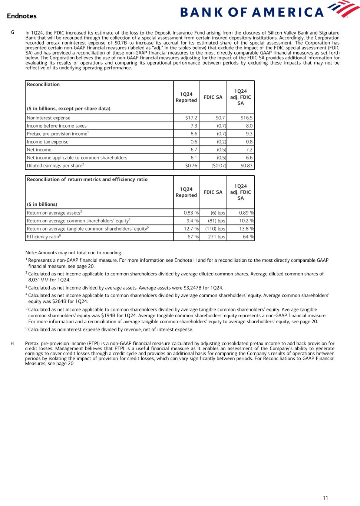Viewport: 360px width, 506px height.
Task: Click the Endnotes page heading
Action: tap(22, 16)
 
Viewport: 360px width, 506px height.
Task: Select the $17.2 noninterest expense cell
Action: tap(191, 118)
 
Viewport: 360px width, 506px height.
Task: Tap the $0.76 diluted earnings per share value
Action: tap(191, 166)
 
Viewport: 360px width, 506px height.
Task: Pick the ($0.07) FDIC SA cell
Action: tap(218, 166)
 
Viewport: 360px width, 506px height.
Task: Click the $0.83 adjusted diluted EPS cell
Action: tap(246, 166)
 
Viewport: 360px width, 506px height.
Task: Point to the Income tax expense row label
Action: tap(47, 142)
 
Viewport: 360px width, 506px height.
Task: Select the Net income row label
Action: tap(39, 150)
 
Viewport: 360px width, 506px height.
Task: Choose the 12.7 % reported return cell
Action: tap(191, 229)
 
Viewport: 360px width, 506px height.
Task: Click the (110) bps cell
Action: tap(215, 229)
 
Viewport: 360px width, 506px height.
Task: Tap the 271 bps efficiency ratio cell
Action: tap(217, 237)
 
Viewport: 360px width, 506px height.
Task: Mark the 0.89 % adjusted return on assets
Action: tap(246, 213)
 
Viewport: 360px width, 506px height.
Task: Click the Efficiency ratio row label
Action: tap(43, 237)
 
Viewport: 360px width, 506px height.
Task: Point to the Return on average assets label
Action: tap(53, 213)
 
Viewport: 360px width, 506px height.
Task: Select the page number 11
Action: tap(326, 498)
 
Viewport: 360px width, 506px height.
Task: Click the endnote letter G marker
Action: tap(13, 33)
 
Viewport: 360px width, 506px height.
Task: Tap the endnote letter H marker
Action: tap(12, 344)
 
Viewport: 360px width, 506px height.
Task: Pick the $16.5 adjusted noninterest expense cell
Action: tap(246, 118)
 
